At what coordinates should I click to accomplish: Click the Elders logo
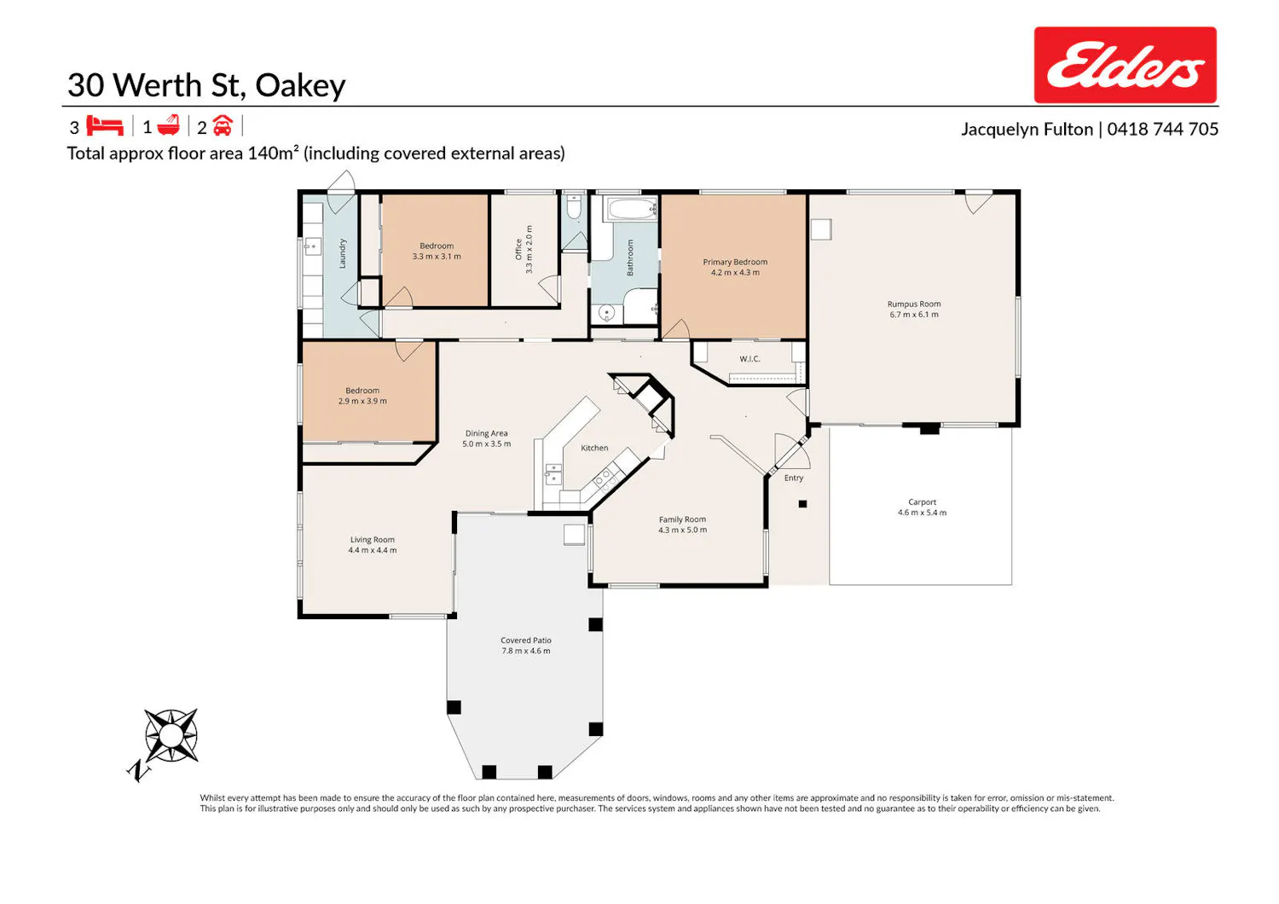pos(1125,65)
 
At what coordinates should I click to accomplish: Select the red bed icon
pos(105,125)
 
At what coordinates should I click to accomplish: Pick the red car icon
pos(223,125)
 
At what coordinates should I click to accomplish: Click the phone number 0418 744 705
pos(1162,129)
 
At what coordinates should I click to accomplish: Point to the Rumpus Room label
pos(913,304)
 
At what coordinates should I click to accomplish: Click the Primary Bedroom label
pos(735,262)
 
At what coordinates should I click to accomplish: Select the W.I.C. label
pos(749,359)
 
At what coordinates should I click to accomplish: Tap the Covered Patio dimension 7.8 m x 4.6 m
pos(526,651)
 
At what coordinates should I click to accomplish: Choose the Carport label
pos(922,502)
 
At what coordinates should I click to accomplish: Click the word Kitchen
pos(594,449)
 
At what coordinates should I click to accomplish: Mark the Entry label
pos(794,478)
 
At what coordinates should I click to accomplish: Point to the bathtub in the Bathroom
pos(633,209)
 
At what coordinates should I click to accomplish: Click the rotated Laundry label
pos(343,253)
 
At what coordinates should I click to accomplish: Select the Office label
pos(518,250)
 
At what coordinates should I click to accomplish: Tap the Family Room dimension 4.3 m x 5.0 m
pos(682,530)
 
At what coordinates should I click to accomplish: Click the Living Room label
pos(373,540)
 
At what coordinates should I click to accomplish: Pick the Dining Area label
pos(487,433)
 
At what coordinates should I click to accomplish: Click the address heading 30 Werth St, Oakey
pos(206,85)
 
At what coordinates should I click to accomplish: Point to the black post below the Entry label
pos(803,504)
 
